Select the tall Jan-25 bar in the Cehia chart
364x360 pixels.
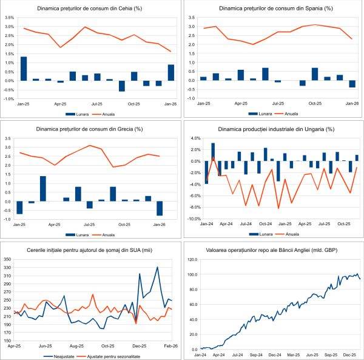coord(24,68)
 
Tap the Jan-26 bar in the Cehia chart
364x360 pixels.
coord(171,72)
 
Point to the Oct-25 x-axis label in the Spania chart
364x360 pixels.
coord(315,103)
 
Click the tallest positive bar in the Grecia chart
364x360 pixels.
coord(42,188)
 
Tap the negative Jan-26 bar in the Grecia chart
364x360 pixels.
coord(160,208)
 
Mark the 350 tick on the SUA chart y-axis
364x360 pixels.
coord(8,259)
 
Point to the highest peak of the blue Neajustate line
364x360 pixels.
coord(157,267)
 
